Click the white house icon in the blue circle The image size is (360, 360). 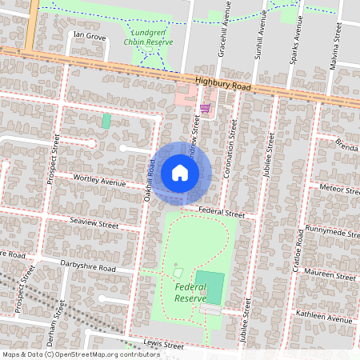(180, 173)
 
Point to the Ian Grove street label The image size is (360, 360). (89, 37)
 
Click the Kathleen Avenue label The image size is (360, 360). (323, 318)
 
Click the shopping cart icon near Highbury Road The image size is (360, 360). (205, 108)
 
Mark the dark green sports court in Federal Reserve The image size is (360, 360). (210, 287)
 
